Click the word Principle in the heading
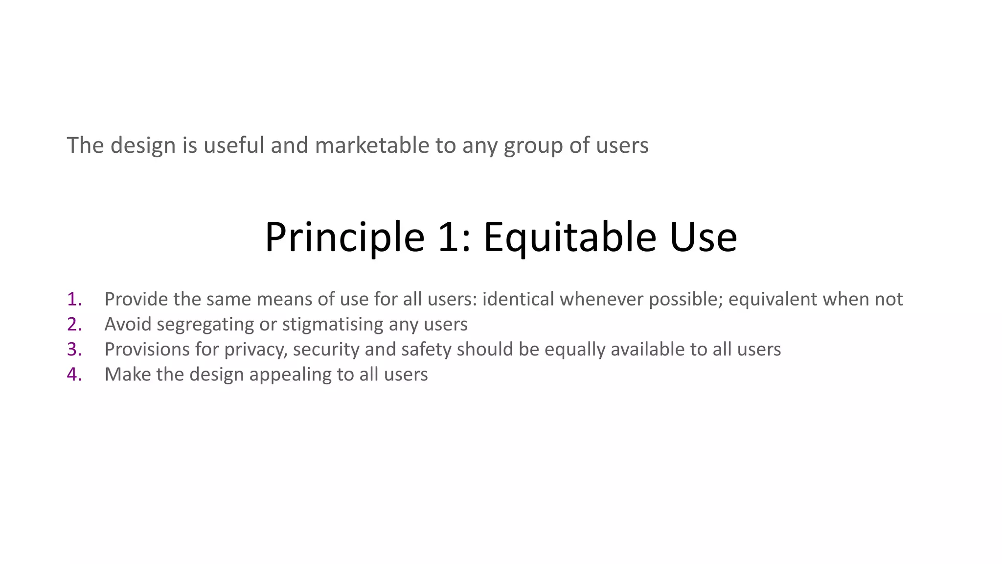344,238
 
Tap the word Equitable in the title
569,238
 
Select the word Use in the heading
703,238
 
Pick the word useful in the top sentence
234,145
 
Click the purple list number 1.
74,299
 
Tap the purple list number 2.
74,324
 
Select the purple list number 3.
74,349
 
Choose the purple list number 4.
74,375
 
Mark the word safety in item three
426,350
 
